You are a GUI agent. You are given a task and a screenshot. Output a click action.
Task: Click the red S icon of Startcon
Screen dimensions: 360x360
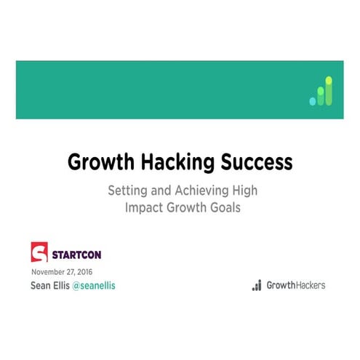click(39, 252)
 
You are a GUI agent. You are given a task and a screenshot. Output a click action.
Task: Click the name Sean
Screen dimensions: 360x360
click(42, 286)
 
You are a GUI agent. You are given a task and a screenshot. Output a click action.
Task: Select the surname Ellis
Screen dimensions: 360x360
click(67, 286)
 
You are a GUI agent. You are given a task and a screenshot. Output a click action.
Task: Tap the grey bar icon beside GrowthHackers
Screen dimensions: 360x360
click(257, 286)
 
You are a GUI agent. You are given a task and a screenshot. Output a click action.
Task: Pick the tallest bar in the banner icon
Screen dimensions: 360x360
click(329, 90)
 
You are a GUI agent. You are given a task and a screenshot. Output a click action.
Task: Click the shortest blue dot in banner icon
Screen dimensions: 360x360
click(313, 101)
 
